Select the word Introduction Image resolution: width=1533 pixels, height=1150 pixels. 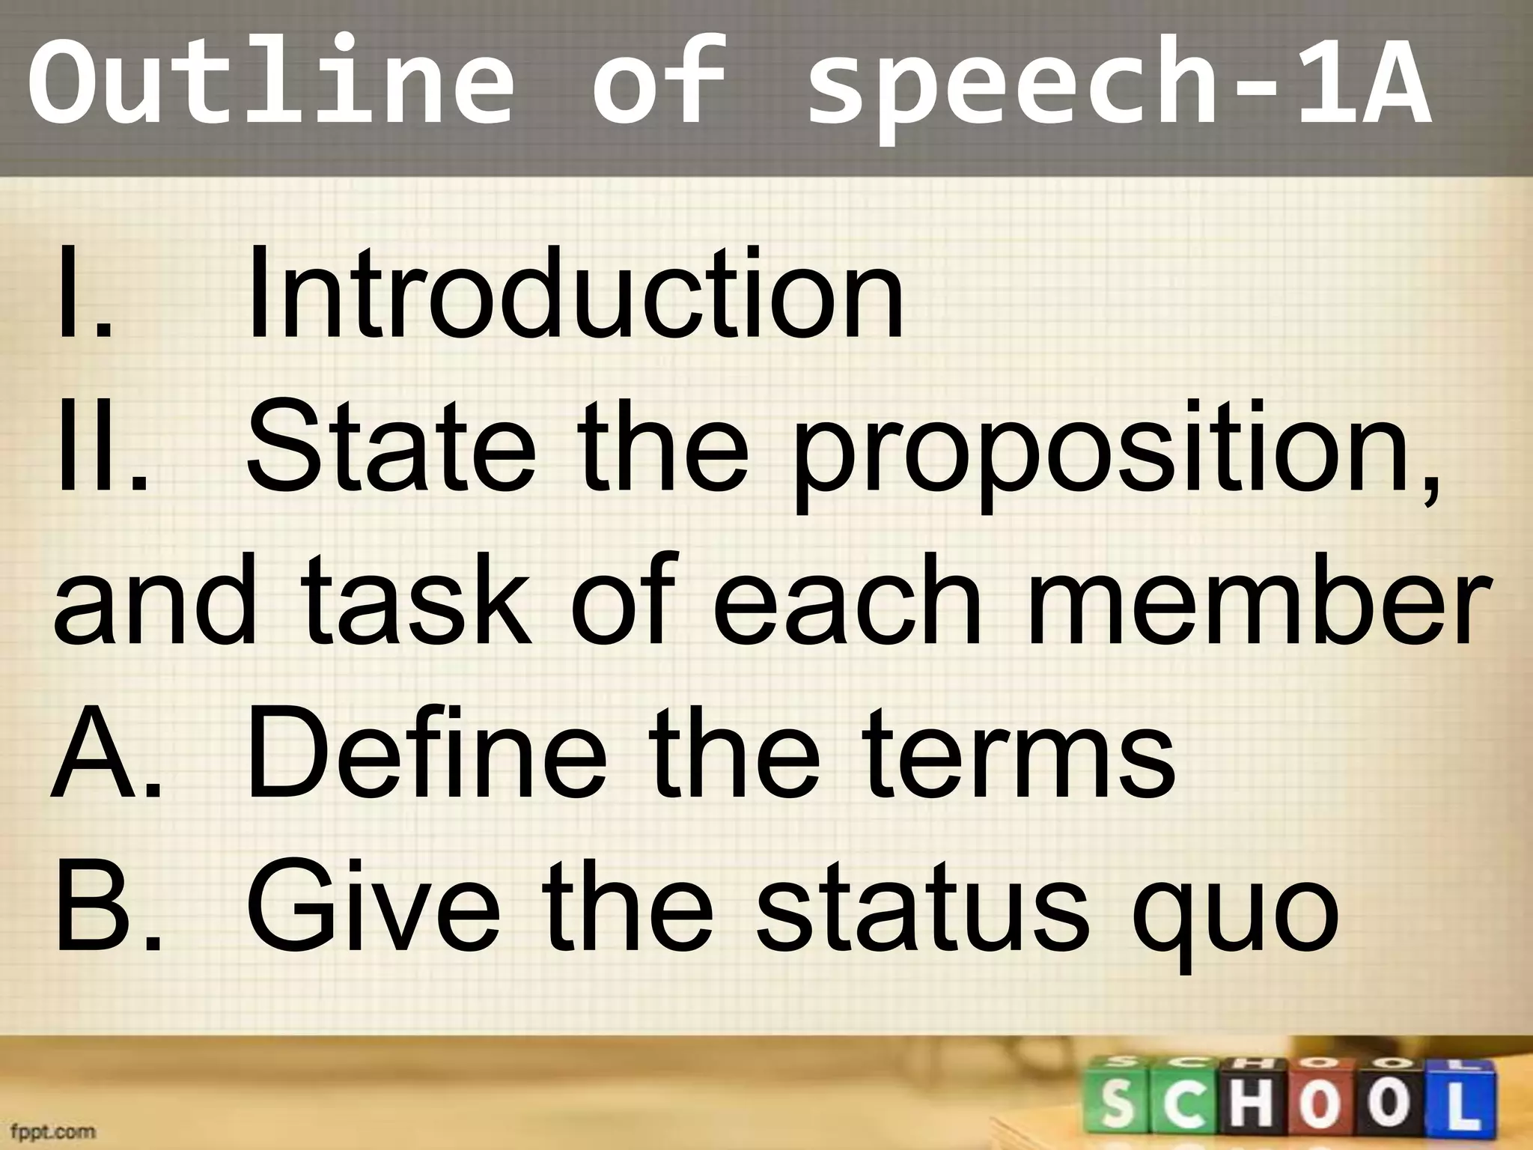click(575, 296)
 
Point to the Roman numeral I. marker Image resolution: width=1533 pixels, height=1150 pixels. click(82, 296)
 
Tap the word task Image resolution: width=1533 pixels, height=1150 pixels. click(416, 603)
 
